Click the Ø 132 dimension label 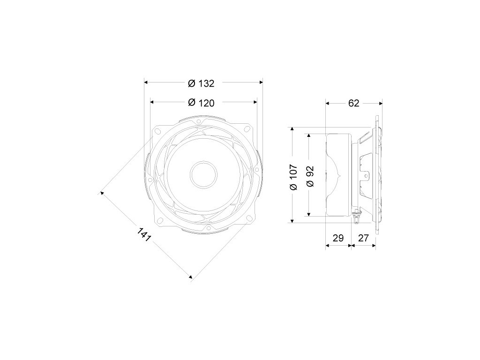201,83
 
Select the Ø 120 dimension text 201,103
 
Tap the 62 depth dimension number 353,103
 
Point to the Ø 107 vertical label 293,177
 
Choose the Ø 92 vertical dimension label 310,176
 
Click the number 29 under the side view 338,238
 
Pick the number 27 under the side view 363,238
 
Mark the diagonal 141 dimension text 144,234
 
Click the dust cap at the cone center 203,174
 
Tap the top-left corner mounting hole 158,132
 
